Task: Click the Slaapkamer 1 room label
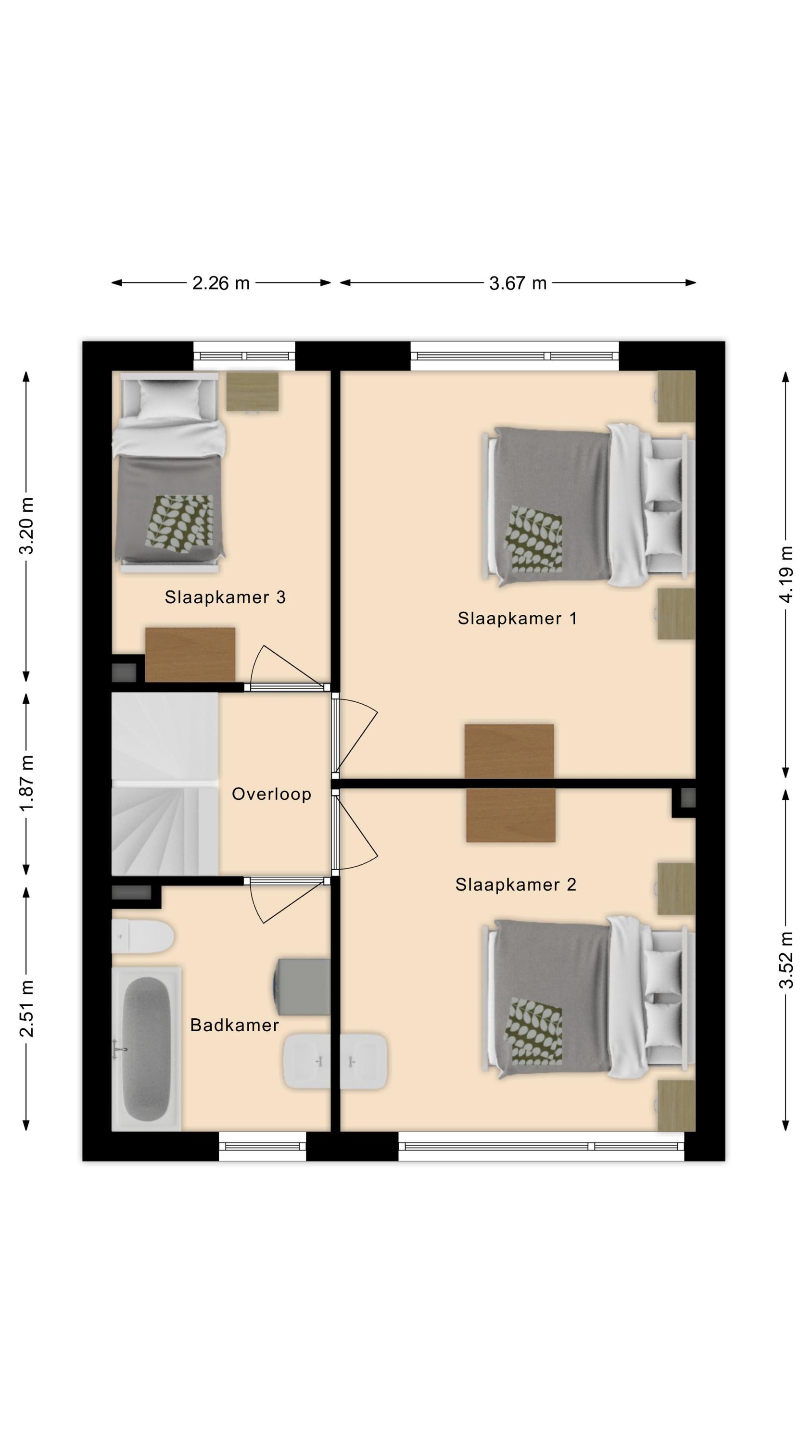coord(517,618)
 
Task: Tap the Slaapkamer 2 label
coord(516,885)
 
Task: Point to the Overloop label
coord(271,794)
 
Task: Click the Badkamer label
coord(234,1025)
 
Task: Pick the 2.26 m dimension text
coord(221,283)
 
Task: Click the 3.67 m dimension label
coord(518,283)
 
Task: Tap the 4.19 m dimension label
coord(786,574)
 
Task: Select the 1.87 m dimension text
coord(26,783)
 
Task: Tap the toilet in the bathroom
coord(143,936)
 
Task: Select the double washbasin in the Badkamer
coord(335,1061)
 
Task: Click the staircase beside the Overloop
coord(165,784)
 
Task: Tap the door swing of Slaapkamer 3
coord(287,667)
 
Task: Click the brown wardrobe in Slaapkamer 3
coord(190,654)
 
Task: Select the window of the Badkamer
coord(262,1146)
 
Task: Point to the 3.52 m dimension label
coord(786,960)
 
